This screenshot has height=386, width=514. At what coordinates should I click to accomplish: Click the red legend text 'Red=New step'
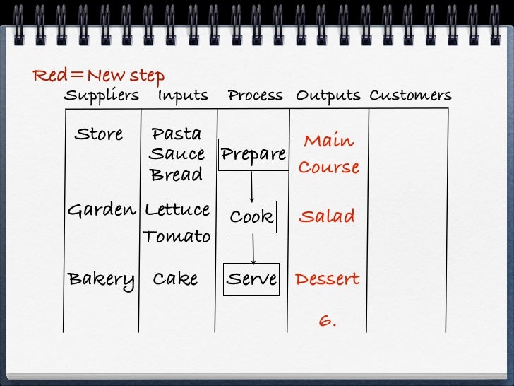tap(98, 76)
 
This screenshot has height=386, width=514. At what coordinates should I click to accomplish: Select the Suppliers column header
tap(102, 95)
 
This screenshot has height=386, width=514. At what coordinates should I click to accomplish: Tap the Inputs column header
tap(183, 95)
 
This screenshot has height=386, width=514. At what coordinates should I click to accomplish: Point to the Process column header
tap(255, 95)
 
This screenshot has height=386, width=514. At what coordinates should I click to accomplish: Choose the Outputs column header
tap(328, 95)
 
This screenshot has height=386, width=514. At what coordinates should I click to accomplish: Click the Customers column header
tap(410, 95)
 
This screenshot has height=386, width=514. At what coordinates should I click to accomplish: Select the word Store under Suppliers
tap(98, 134)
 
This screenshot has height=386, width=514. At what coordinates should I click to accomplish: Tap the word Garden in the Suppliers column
tap(101, 211)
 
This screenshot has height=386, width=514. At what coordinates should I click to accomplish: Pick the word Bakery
tap(101, 279)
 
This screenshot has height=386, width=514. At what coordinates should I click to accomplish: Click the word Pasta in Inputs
tap(177, 134)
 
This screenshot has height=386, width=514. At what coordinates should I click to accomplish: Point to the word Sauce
tap(177, 154)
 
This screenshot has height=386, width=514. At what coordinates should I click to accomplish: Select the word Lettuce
tap(177, 210)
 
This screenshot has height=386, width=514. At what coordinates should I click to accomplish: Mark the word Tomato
tap(177, 236)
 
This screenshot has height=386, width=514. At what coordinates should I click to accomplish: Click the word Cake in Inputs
tap(175, 279)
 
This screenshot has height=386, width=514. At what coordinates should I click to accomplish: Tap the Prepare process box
tap(253, 155)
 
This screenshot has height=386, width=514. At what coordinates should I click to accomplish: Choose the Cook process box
tap(251, 217)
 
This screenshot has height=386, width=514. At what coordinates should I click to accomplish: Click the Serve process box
tap(251, 279)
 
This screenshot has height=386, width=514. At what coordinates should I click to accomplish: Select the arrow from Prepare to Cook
tap(252, 187)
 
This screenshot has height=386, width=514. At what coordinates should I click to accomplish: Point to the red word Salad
tap(327, 216)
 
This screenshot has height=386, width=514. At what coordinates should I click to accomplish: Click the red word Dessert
tap(327, 279)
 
